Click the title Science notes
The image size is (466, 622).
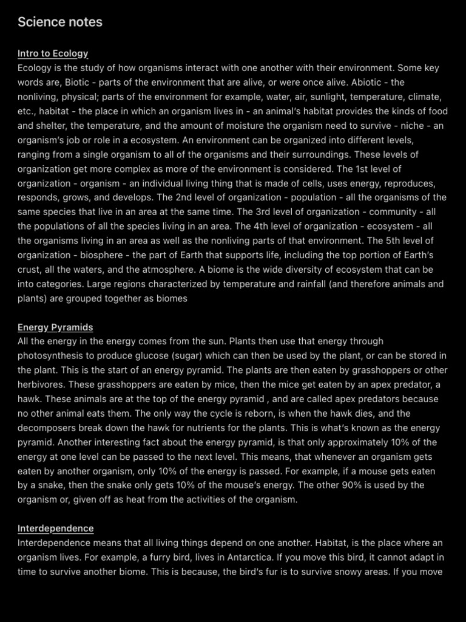pos(60,22)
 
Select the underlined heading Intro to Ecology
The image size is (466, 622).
pos(53,53)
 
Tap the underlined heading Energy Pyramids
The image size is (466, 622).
pos(55,327)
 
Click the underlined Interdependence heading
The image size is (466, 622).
pos(56,528)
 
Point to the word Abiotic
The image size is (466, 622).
pos(360,82)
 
